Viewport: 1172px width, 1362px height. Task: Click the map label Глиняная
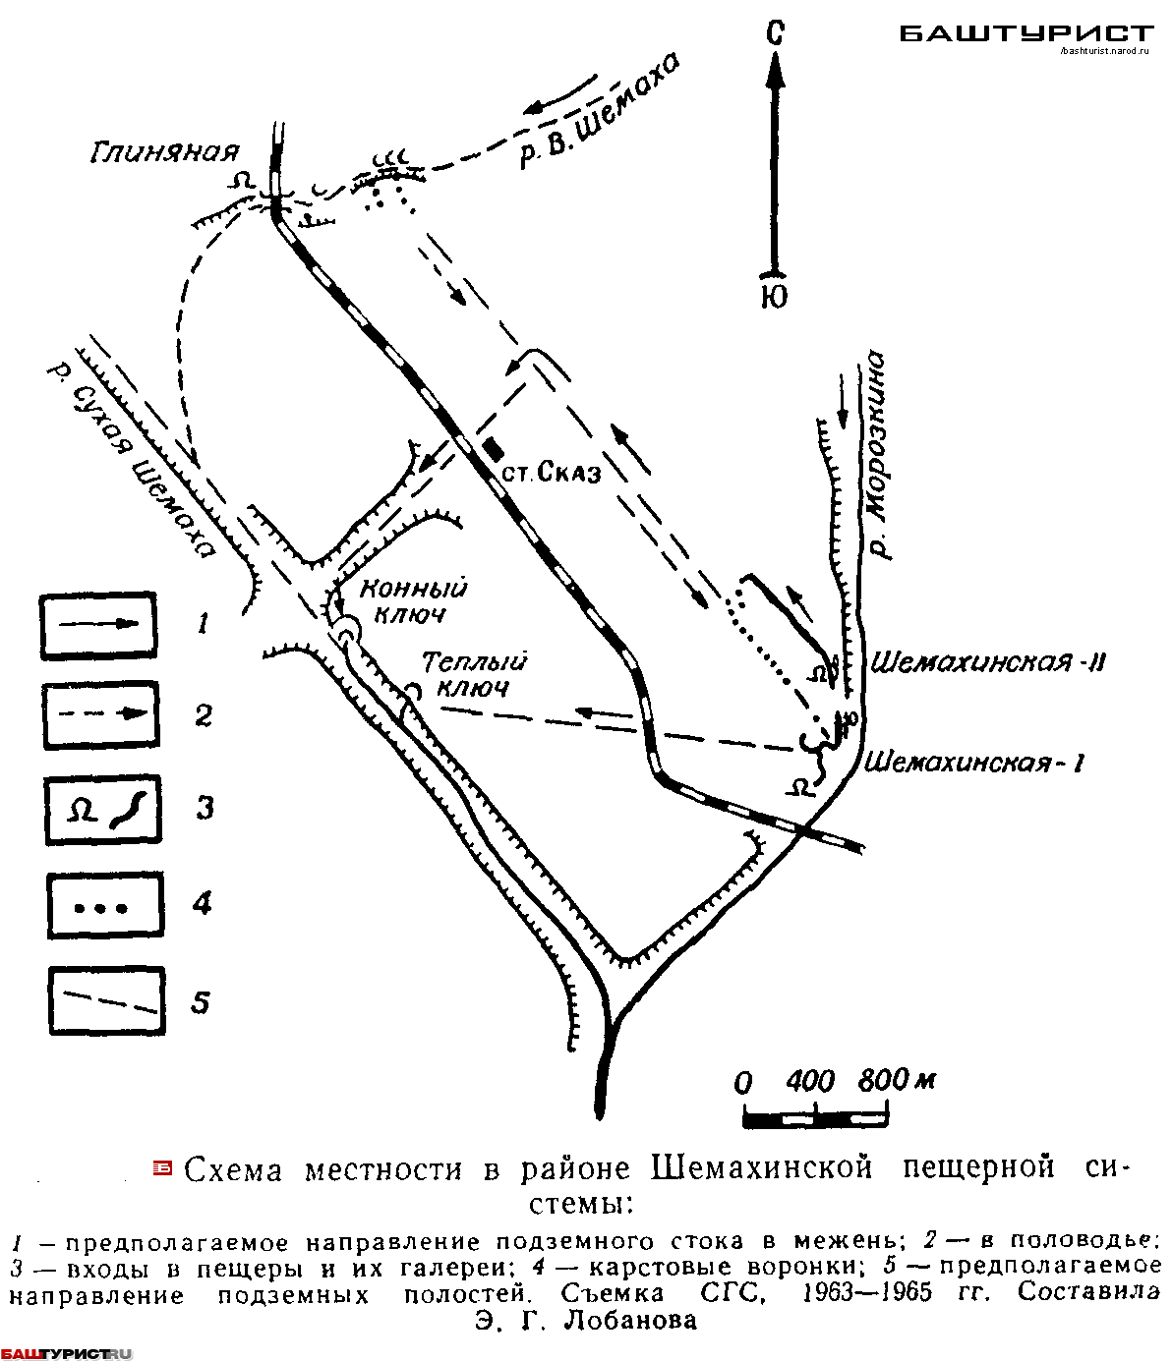click(x=165, y=152)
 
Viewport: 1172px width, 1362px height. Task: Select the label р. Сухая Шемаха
click(x=132, y=461)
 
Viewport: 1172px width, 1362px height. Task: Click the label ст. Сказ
click(x=552, y=473)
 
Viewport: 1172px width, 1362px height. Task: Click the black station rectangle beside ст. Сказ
click(x=493, y=449)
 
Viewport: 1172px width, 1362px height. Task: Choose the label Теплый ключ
click(x=474, y=674)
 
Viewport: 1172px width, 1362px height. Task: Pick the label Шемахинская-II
click(x=988, y=662)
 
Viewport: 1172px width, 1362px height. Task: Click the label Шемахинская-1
click(x=973, y=763)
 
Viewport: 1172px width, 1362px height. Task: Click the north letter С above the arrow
click(x=775, y=32)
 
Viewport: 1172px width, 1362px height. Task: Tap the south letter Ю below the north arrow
click(x=775, y=297)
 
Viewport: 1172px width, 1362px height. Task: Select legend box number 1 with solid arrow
click(x=98, y=624)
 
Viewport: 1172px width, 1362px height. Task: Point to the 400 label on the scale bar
click(x=810, y=1082)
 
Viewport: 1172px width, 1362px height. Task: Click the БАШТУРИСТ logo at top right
click(x=1025, y=34)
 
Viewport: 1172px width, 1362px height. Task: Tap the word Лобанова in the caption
click(x=630, y=1321)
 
